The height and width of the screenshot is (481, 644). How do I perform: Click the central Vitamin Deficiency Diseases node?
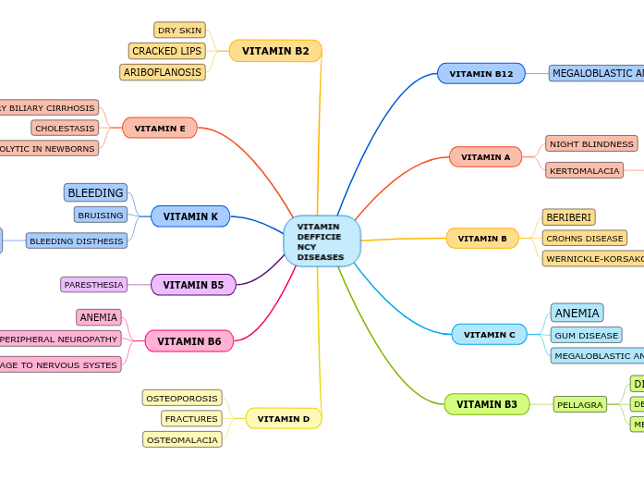pyautogui.click(x=322, y=241)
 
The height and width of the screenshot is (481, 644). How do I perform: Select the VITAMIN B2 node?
pyautogui.click(x=275, y=51)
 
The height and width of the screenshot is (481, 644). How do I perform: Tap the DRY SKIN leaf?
pyautogui.click(x=179, y=31)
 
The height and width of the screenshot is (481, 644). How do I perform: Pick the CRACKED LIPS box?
pyautogui.click(x=166, y=51)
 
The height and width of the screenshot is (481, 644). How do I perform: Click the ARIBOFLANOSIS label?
pyautogui.click(x=163, y=72)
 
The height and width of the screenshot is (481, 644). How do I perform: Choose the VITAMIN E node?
pyautogui.click(x=160, y=128)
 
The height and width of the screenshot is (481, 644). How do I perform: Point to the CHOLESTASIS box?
pyautogui.click(x=65, y=128)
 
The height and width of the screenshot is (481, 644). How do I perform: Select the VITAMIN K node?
pyautogui.click(x=190, y=216)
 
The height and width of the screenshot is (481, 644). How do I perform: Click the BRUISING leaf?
pyautogui.click(x=101, y=215)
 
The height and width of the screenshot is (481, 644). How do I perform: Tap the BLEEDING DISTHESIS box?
pyautogui.click(x=77, y=240)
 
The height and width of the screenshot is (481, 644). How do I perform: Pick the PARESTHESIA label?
pyautogui.click(x=93, y=284)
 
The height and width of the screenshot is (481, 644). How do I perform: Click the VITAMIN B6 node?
pyautogui.click(x=189, y=341)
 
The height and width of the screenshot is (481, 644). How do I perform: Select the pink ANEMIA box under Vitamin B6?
pyautogui.click(x=99, y=317)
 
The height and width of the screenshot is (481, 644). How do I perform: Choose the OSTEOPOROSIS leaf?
pyautogui.click(x=182, y=398)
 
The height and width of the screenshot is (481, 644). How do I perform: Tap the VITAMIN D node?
pyautogui.click(x=284, y=418)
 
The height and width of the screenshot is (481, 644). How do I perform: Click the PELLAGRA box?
pyautogui.click(x=580, y=404)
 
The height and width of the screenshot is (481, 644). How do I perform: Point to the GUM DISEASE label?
pyautogui.click(x=586, y=335)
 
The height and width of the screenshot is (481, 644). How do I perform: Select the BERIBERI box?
pyautogui.click(x=568, y=217)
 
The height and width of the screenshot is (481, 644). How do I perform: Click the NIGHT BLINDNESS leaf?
pyautogui.click(x=591, y=143)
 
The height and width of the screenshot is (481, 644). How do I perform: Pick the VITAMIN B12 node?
pyautogui.click(x=481, y=73)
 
